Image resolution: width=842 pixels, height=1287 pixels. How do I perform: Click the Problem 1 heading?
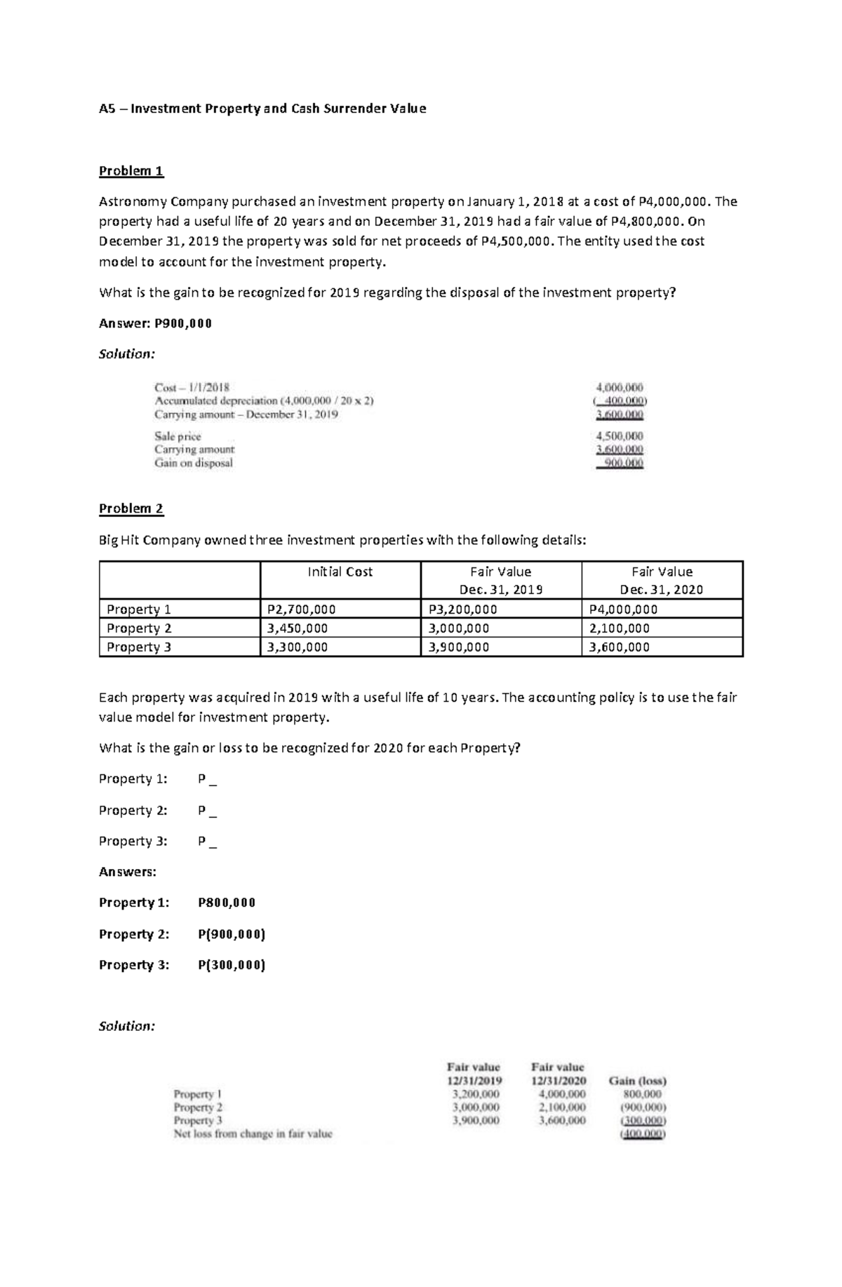(131, 171)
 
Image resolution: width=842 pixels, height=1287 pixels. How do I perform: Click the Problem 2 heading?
(131, 508)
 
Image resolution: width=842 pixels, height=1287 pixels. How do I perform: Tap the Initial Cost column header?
(340, 572)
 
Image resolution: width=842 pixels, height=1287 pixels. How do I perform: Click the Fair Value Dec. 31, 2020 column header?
(662, 580)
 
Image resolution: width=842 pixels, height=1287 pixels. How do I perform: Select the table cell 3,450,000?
(294, 628)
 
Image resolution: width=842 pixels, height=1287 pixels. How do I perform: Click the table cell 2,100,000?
(619, 628)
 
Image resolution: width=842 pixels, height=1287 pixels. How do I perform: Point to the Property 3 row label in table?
(139, 647)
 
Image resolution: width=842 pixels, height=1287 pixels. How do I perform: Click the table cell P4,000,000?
(623, 609)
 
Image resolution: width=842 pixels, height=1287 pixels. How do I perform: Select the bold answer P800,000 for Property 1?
(227, 903)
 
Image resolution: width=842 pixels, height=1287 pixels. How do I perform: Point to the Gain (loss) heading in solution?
(637, 1081)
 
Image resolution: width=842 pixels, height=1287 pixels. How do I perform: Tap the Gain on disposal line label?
(194, 463)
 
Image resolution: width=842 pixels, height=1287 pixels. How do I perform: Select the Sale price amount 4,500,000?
(619, 436)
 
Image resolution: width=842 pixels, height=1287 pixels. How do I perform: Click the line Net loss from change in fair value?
(253, 1133)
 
